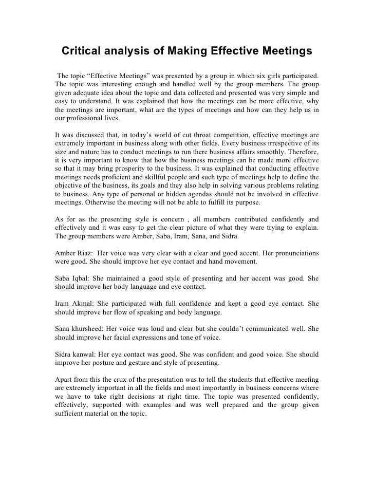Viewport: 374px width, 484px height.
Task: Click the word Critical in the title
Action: [x=83, y=52]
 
